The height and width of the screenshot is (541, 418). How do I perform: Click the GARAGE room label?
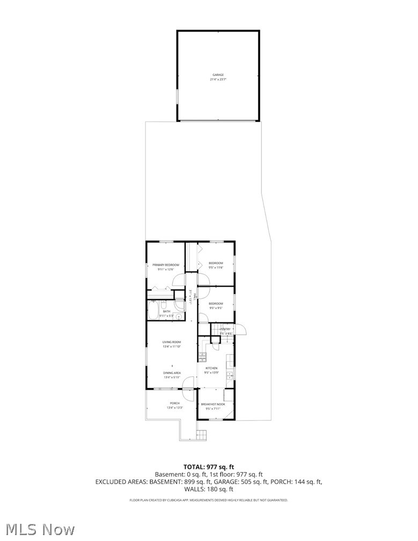pos(218,75)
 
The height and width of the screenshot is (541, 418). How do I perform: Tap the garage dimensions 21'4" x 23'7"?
pos(218,79)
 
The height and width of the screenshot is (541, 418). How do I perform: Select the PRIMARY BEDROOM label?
pos(165,265)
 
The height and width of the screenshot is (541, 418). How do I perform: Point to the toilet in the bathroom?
pos(180,305)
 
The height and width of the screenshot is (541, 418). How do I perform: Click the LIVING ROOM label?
pos(172,342)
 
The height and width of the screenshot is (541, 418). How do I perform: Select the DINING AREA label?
pos(172,372)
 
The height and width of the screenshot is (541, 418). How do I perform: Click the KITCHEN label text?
pos(211,368)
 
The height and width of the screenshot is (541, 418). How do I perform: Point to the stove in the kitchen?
pos(202,356)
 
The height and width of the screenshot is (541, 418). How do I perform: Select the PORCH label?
pos(175,403)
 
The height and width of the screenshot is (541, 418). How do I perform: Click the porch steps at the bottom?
pos(202,434)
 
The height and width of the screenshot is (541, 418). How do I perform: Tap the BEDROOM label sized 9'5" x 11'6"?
pos(216,263)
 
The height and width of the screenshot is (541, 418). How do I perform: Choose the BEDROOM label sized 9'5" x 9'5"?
pos(216,304)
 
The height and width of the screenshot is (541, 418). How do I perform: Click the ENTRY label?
pos(225,329)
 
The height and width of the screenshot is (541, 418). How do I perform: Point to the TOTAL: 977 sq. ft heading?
pos(209,467)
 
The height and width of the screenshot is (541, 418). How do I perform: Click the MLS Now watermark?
pos(38,529)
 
